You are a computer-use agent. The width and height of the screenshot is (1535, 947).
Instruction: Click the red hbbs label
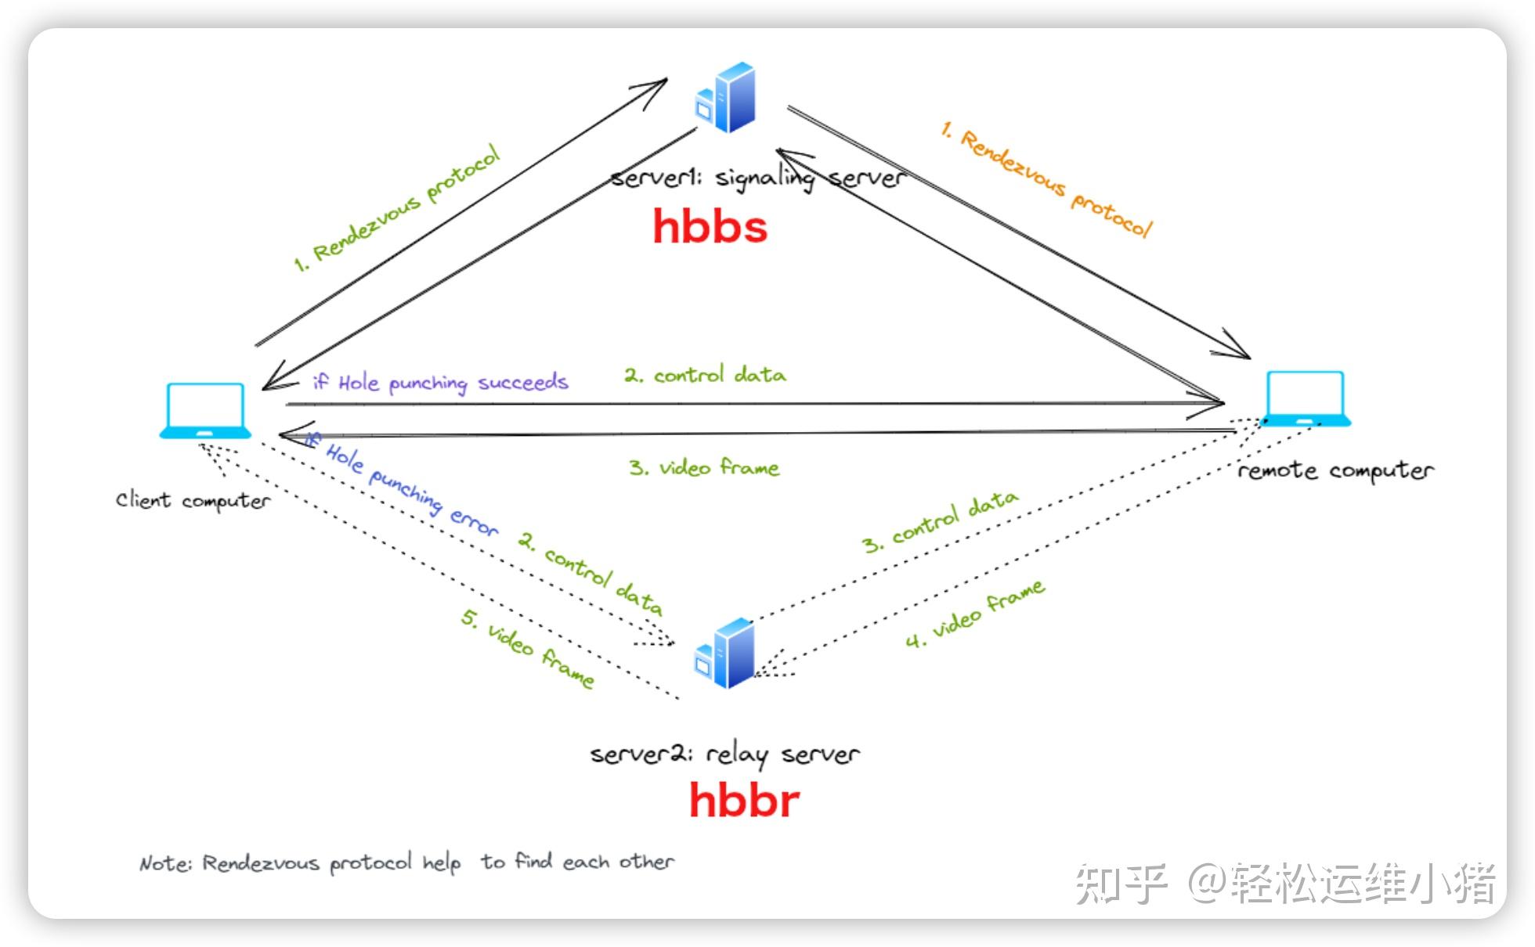tap(710, 227)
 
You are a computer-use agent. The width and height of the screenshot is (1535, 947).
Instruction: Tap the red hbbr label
tap(744, 801)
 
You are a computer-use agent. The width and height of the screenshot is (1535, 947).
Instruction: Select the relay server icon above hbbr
tap(725, 654)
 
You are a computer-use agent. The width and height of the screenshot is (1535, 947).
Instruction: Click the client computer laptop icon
tap(205, 410)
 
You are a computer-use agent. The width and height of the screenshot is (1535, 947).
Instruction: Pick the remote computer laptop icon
tap(1307, 398)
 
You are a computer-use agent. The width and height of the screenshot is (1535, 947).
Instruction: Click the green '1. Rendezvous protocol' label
tap(396, 208)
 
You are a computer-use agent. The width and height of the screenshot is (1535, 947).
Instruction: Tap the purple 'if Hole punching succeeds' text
tap(440, 382)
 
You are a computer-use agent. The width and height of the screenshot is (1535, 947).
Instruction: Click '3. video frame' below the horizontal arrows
tap(703, 468)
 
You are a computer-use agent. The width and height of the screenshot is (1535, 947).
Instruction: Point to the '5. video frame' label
tap(527, 649)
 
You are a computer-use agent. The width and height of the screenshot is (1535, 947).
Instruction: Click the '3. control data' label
tap(940, 522)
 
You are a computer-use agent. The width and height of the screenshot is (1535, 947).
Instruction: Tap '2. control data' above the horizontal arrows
tap(705, 375)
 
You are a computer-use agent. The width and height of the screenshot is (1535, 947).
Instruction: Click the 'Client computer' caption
tap(193, 500)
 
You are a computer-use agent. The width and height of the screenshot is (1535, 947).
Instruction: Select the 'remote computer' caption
tap(1335, 470)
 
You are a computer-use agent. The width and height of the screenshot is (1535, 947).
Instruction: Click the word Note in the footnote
tap(164, 863)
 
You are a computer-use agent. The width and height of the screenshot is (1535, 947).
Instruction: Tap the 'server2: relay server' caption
tap(724, 754)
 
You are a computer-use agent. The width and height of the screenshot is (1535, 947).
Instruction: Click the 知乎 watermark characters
tap(1120, 884)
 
